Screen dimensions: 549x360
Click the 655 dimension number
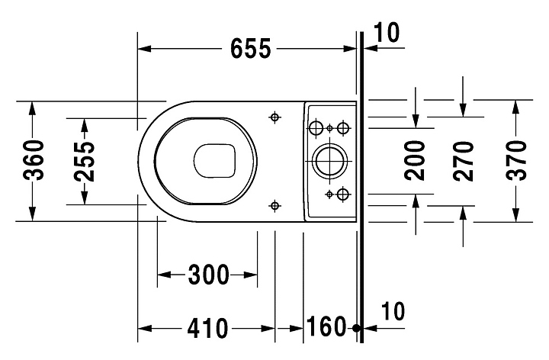coord(251,48)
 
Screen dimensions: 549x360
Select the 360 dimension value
coord(34,160)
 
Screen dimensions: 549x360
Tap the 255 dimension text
coord(85,161)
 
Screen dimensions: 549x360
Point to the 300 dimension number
coord(208,275)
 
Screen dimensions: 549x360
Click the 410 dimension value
coord(207,329)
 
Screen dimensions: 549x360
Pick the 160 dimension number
coord(326,326)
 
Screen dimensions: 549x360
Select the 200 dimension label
coord(415,160)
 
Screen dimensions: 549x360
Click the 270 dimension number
coord(464,161)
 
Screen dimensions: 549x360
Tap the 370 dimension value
coord(516,160)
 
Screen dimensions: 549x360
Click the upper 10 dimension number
coord(386,33)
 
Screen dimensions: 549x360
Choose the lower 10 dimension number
coord(393,311)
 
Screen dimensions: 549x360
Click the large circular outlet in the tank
coord(329,161)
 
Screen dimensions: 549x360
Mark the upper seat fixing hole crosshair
coord(274,117)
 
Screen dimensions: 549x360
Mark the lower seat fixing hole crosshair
coord(274,206)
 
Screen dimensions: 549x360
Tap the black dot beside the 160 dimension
coord(356,328)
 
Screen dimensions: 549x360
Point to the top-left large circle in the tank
coord(316,128)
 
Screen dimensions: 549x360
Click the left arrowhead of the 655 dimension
coord(144,48)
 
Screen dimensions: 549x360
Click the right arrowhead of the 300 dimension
coord(251,275)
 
